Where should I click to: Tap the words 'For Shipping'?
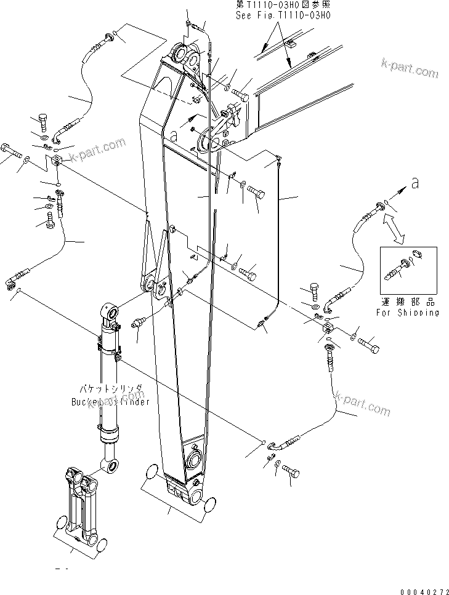(408, 312)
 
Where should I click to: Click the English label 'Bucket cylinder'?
(110, 401)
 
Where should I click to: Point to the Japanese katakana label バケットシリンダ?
(110, 389)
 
